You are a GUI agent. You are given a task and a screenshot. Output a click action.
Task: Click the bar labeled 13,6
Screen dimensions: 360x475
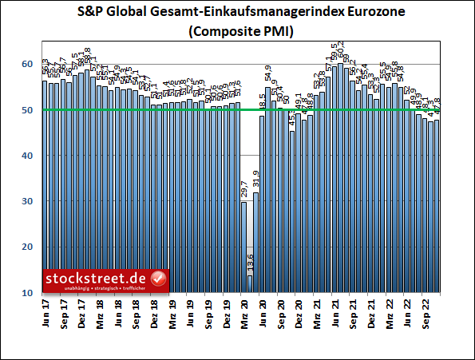(x=250, y=284)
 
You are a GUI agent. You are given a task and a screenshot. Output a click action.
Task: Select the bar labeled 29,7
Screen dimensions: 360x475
(x=243, y=247)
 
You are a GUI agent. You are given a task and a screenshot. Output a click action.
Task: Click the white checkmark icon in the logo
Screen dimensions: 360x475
(x=158, y=279)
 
